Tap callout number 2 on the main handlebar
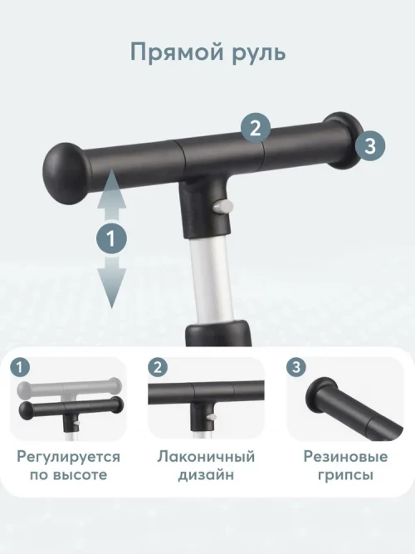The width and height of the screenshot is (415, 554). click(256, 128)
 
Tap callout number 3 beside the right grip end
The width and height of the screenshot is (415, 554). click(370, 145)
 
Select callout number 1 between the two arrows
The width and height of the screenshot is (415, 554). click(111, 238)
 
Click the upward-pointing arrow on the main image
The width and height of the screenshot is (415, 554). click(111, 195)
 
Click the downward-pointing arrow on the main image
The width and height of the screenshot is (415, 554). click(111, 282)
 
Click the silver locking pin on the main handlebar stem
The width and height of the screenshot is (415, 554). click(223, 207)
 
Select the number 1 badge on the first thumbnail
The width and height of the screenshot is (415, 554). click(20, 367)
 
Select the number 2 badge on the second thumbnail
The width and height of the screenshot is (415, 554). click(158, 367)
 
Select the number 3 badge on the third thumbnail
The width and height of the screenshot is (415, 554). click(296, 367)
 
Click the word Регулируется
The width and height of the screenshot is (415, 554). click(69, 458)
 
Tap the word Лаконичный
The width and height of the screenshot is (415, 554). click(206, 456)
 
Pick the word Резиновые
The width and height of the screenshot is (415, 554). click(345, 457)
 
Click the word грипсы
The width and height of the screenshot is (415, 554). click(345, 475)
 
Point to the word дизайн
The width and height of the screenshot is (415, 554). click(206, 475)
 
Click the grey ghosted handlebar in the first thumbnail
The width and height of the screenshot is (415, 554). click(69, 389)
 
